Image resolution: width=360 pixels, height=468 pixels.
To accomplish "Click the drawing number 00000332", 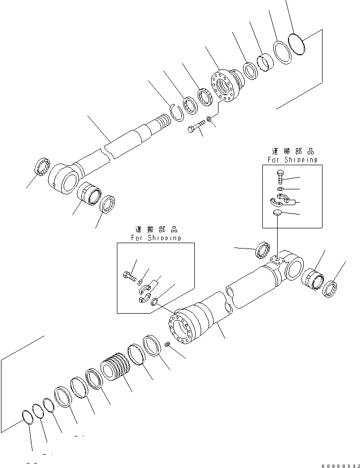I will (340, 465).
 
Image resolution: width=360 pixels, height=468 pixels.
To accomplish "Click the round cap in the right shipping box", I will (278, 212).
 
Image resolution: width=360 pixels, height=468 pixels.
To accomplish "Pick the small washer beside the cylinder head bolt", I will (211, 119).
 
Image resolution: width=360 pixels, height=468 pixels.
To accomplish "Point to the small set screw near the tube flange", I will (168, 345).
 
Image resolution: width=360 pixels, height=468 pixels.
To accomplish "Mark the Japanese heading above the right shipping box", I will (292, 152).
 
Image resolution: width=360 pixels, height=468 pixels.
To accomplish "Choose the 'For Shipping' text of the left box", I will (156, 238).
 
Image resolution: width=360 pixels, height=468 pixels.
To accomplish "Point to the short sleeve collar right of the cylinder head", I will (264, 63).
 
